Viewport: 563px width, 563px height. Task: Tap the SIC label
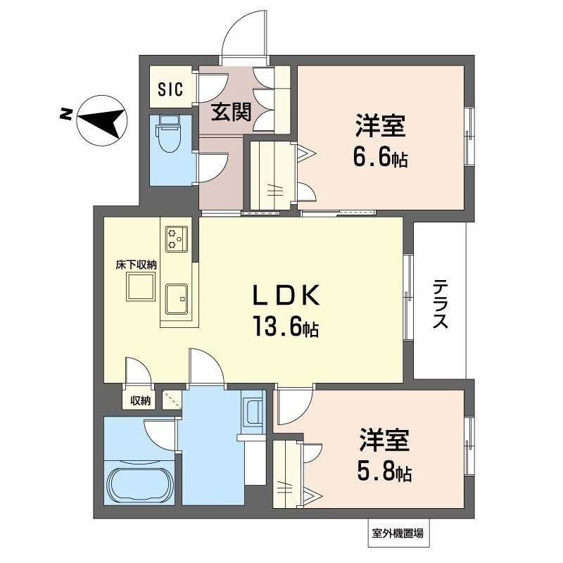tap(170, 89)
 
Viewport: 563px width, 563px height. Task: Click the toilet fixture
tap(170, 134)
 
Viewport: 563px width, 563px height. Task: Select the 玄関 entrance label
tap(232, 112)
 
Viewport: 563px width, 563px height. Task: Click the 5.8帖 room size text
tap(383, 472)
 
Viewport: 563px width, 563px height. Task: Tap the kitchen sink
tap(176, 299)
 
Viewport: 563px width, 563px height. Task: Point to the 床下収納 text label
tap(136, 265)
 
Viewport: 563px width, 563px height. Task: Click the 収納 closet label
tap(140, 400)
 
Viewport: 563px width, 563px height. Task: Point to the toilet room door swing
tap(212, 169)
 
